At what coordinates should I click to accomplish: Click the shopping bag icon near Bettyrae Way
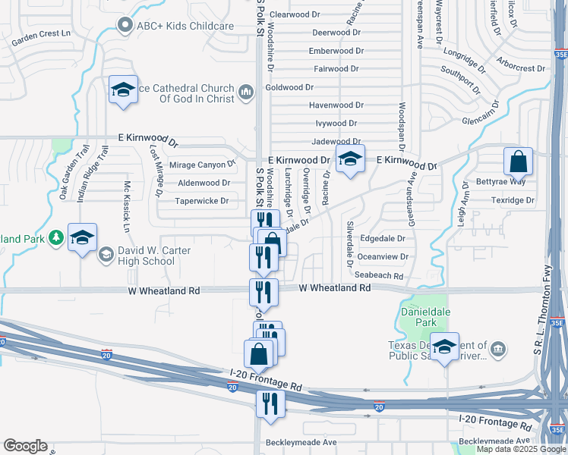[x=518, y=162]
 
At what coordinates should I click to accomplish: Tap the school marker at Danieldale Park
[x=444, y=347]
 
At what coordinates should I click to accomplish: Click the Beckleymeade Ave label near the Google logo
[x=301, y=442]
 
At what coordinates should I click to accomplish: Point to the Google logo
[x=25, y=446]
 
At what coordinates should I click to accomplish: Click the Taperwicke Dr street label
[x=202, y=201]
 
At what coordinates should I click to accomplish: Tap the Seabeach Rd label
[x=379, y=275]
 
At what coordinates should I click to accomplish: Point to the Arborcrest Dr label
[x=520, y=68]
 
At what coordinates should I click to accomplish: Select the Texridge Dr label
[x=513, y=201]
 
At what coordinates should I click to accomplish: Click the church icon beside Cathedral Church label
[x=245, y=93]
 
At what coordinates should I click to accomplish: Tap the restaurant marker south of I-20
[x=270, y=403]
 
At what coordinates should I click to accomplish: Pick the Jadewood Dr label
[x=335, y=142]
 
